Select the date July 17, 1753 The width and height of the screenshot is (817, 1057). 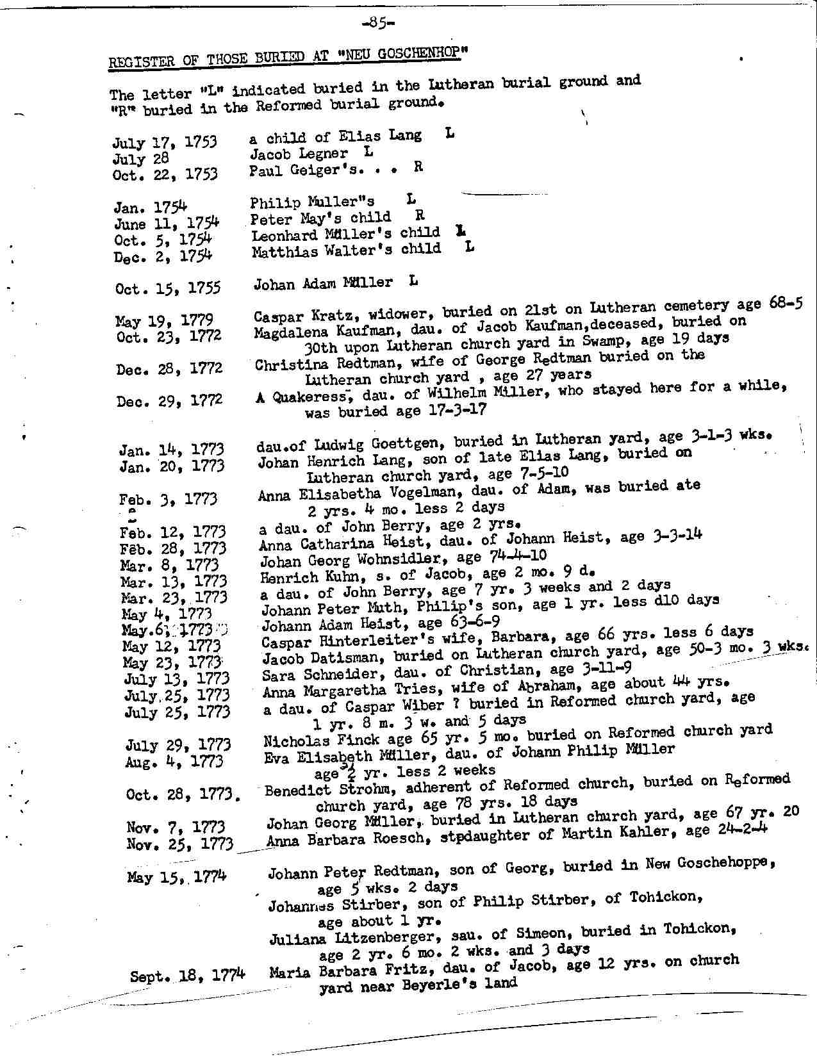point(165,142)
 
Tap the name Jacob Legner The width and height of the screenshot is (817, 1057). point(299,154)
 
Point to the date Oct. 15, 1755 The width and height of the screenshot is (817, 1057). point(168,288)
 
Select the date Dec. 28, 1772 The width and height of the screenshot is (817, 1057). point(169,369)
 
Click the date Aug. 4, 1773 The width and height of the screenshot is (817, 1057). point(174,762)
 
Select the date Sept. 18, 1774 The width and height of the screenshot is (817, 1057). point(187,976)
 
